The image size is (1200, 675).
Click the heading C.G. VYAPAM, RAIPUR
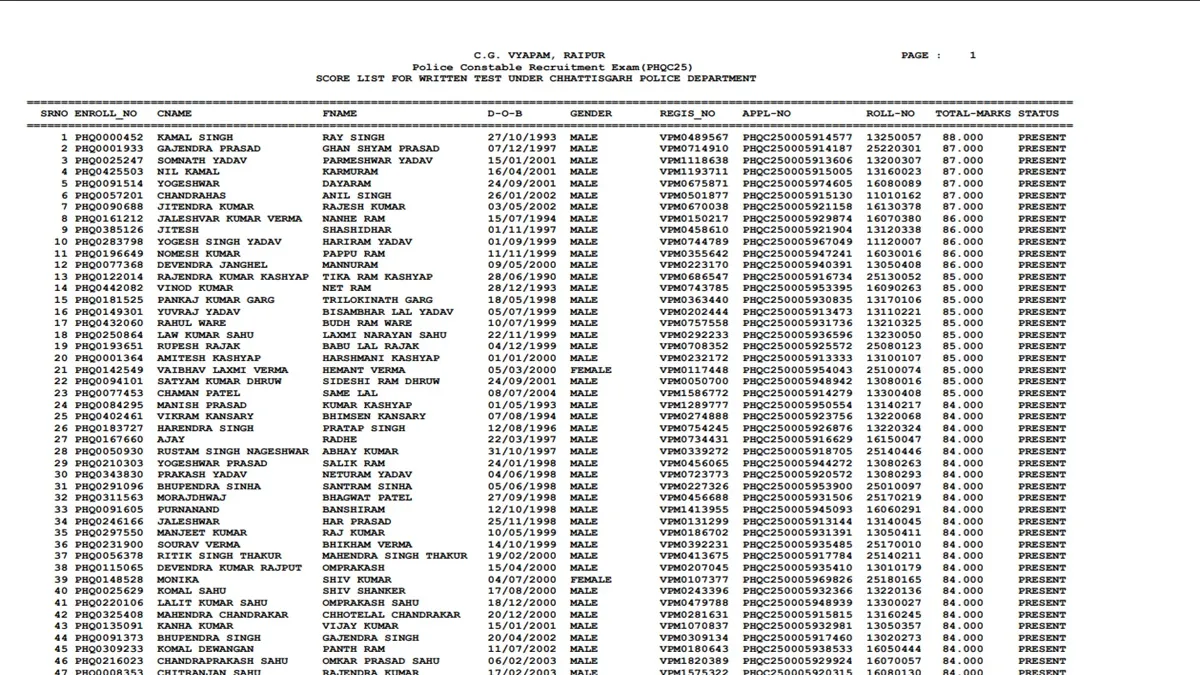[x=539, y=55]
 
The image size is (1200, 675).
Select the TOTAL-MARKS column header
[x=973, y=114]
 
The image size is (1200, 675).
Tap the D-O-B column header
[x=505, y=114]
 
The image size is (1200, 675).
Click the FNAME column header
[x=339, y=114]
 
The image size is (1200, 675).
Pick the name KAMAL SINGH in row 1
[x=195, y=137]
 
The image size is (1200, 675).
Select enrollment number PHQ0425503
[x=109, y=172]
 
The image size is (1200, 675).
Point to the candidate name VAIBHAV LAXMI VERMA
[x=223, y=370]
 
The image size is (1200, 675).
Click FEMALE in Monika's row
[x=591, y=580]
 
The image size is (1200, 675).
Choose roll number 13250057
[x=894, y=137]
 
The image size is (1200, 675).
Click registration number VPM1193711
[x=694, y=172]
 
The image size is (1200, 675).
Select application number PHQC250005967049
[x=797, y=242]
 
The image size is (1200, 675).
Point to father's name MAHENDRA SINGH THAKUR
[x=395, y=556]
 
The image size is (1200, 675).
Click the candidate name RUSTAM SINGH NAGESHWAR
[x=233, y=452]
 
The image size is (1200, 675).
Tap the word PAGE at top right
[x=915, y=55]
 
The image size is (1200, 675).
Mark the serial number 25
[x=61, y=417]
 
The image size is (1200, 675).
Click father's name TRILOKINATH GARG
[x=378, y=300]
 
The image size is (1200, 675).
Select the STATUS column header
[x=1038, y=114]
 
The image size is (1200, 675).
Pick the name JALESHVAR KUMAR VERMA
[x=229, y=219]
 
